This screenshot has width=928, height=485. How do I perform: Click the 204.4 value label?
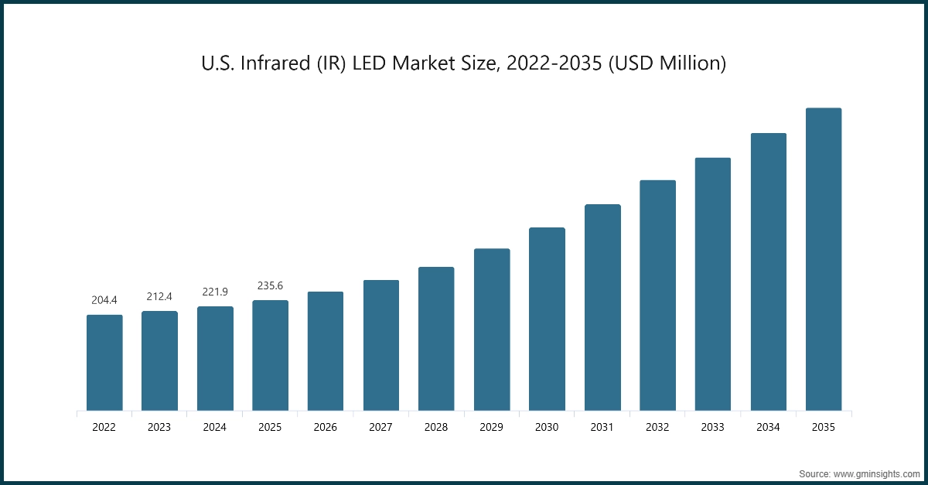[x=104, y=300]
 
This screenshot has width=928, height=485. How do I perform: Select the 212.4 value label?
[x=159, y=296]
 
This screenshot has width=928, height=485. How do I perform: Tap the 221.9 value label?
[x=215, y=292]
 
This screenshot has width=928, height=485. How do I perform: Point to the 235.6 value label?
[x=271, y=285]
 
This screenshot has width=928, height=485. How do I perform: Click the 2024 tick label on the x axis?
[x=215, y=426]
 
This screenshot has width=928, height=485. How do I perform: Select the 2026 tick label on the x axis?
[x=326, y=426]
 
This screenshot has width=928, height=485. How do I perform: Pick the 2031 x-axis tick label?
[x=602, y=426]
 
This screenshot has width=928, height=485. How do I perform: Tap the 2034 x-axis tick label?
[x=769, y=426]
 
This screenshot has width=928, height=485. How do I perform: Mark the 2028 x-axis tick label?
[x=436, y=426]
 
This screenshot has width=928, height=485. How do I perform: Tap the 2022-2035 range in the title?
[x=551, y=63]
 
